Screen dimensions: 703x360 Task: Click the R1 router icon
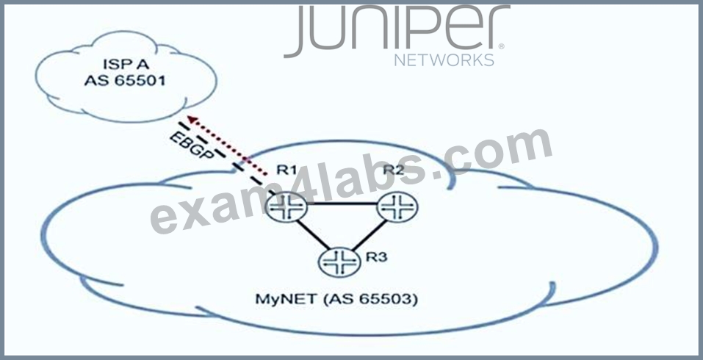point(286,207)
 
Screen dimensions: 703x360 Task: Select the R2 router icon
point(397,206)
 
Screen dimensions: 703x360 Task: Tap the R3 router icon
point(339,261)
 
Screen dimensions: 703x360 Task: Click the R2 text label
point(394,170)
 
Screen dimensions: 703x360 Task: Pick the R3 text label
point(376,257)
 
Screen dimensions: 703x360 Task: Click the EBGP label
point(192,145)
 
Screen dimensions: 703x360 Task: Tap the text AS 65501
point(125,81)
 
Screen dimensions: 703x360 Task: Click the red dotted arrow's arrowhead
point(192,120)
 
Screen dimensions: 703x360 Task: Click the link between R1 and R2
point(342,204)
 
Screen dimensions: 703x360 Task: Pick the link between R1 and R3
point(312,234)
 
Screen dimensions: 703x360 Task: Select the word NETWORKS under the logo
point(444,60)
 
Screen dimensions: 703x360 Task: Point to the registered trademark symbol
point(501,46)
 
